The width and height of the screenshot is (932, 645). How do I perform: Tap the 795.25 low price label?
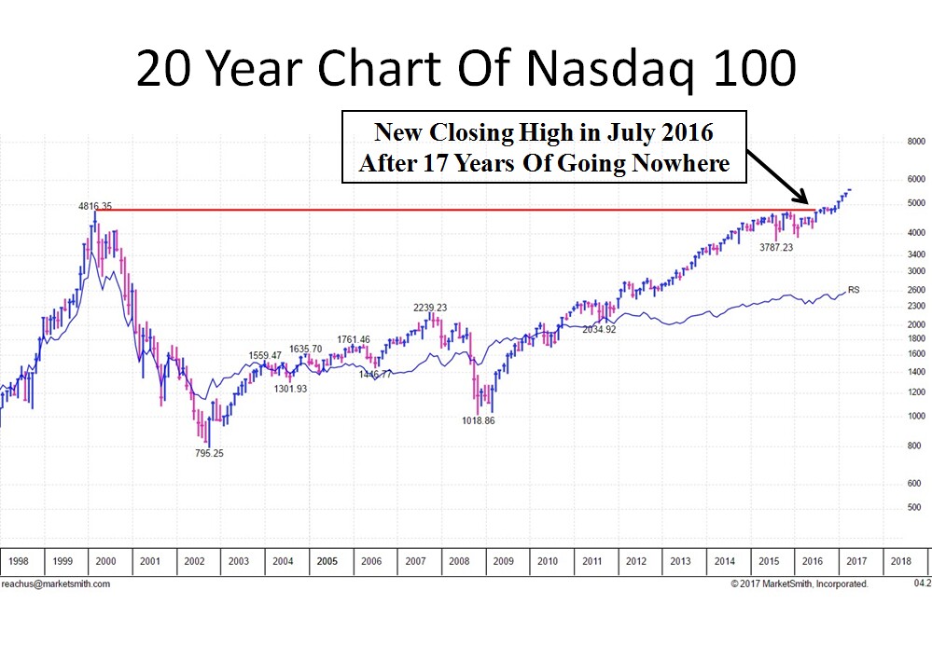click(x=203, y=453)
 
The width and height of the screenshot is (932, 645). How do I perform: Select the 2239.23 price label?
click(x=430, y=308)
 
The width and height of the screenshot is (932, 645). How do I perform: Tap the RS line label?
click(x=854, y=290)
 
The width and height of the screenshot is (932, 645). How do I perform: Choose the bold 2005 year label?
click(x=327, y=562)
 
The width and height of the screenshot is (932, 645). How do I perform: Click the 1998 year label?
click(x=19, y=562)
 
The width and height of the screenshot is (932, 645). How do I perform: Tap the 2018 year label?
click(x=901, y=562)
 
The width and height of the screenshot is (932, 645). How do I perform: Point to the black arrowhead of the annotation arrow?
click(x=805, y=200)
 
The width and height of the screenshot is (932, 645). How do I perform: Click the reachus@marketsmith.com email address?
click(x=56, y=584)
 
